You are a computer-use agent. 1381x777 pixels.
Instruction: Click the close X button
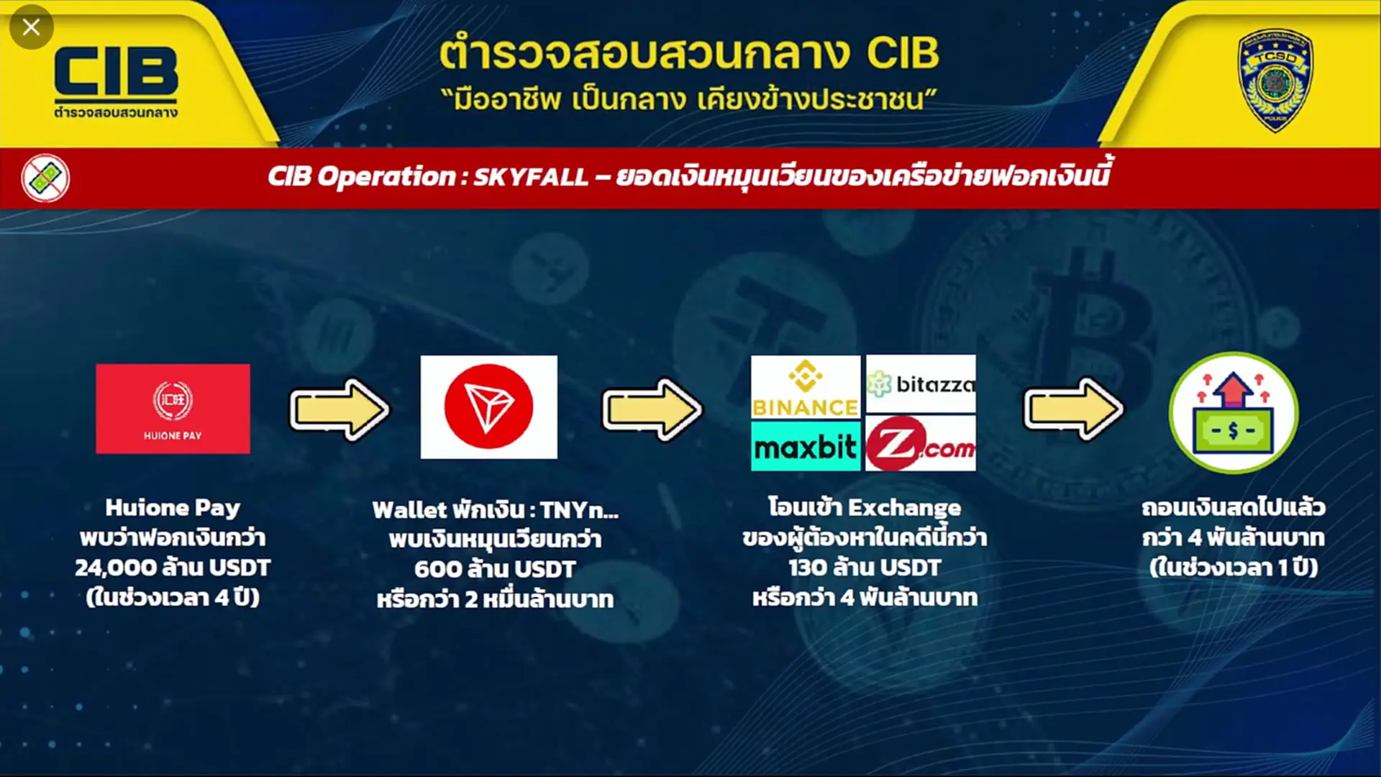[x=31, y=27]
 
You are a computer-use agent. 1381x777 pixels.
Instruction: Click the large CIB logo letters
[x=116, y=72]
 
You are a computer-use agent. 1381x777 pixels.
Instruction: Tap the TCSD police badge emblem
[x=1275, y=80]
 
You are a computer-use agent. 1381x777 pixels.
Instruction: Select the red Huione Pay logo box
[x=173, y=409]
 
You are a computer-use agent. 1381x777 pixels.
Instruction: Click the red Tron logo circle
[x=488, y=406]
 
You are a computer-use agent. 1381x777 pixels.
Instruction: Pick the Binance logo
[x=806, y=388]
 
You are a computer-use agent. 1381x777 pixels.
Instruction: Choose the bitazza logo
[x=921, y=384]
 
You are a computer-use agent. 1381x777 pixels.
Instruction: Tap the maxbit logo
[x=806, y=447]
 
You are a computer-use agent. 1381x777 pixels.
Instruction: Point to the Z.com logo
[x=921, y=443]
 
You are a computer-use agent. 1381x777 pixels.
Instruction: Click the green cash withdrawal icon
[x=1234, y=413]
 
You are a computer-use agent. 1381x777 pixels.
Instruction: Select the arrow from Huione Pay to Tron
[x=339, y=409]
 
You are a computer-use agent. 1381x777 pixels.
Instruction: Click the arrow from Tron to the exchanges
[x=652, y=409]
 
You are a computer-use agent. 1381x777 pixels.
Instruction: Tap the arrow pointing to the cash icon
[x=1073, y=409]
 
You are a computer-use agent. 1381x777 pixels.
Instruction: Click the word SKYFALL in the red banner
[x=531, y=176]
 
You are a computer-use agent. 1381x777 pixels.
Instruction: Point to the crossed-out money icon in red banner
[x=45, y=178]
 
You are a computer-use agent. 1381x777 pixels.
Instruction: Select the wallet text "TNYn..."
[x=580, y=510]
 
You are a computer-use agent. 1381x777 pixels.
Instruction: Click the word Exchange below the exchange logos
[x=904, y=509]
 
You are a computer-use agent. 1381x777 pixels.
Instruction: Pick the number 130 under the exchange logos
[x=808, y=568]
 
